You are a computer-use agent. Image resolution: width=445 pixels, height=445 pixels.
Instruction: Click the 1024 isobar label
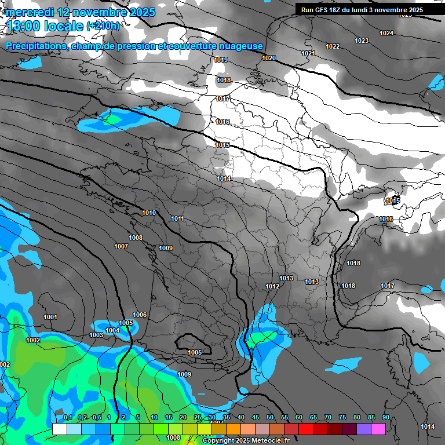[386, 33]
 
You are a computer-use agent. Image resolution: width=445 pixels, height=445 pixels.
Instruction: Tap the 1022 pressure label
[333, 46]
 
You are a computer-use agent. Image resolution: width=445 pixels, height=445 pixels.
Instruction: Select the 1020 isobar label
[269, 58]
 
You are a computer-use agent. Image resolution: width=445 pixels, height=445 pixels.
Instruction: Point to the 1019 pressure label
[221, 60]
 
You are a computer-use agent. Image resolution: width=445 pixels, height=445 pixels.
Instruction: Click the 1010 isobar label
[149, 213]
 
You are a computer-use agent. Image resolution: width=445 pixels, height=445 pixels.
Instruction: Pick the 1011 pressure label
[177, 218]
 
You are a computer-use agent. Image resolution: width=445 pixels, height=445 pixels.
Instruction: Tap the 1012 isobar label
[272, 286]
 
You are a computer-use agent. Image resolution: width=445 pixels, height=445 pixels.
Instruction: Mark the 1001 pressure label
[50, 317]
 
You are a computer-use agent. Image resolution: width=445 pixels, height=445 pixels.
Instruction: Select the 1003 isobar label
[96, 335]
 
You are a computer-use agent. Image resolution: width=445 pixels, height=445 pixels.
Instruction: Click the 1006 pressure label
[140, 315]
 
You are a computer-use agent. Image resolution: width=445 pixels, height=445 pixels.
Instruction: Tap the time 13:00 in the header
[24, 26]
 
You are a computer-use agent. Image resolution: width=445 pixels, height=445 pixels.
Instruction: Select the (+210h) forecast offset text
[103, 26]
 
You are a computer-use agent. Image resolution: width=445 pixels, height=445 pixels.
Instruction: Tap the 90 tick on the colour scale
[385, 418]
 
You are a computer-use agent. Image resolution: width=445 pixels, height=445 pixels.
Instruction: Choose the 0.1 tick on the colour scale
[67, 418]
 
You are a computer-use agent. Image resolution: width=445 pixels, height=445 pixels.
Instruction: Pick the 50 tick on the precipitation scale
[270, 418]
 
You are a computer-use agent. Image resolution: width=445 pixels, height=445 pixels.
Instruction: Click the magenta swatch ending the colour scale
[378, 429]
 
